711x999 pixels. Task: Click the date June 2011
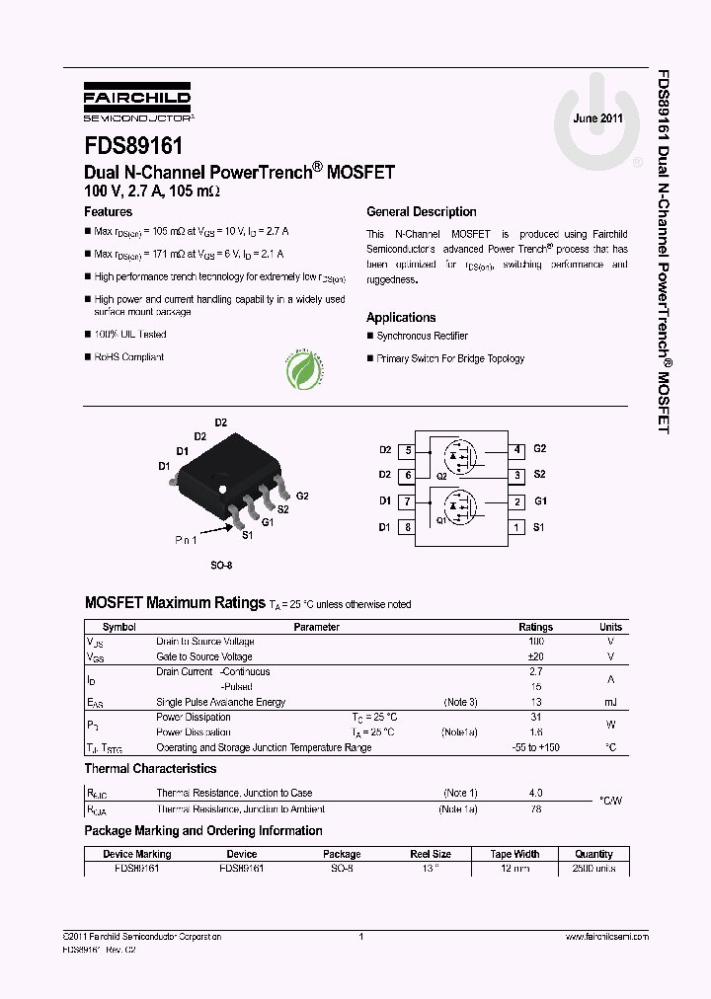[597, 118]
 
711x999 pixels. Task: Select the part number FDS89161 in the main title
[133, 146]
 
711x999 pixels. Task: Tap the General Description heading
[421, 212]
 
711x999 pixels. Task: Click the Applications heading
[401, 318]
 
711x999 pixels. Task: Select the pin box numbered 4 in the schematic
[517, 450]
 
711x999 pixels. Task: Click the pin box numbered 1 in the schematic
[517, 527]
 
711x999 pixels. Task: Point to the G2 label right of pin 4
[540, 449]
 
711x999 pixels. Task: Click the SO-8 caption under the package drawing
[220, 567]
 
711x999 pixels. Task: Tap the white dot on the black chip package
[223, 489]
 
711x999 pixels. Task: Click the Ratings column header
[536, 627]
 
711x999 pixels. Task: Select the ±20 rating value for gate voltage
[536, 656]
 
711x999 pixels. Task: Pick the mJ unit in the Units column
[610, 703]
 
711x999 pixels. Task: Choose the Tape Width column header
[514, 854]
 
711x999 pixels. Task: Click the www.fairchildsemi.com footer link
[606, 937]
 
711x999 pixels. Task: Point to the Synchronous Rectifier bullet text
[423, 337]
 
